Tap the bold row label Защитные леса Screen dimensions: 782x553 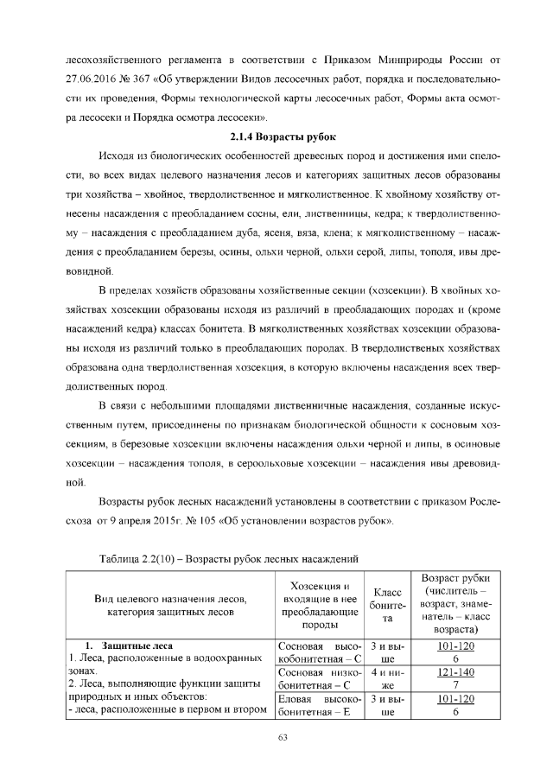click(x=137, y=645)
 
